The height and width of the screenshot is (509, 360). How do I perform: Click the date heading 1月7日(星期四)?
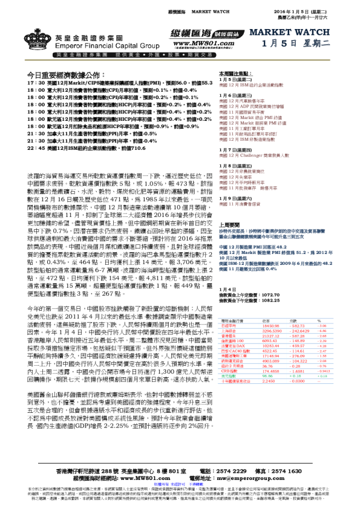click(235, 149)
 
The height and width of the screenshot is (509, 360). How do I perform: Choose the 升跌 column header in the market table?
click(295, 320)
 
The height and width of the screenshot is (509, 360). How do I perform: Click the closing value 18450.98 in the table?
click(270, 325)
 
